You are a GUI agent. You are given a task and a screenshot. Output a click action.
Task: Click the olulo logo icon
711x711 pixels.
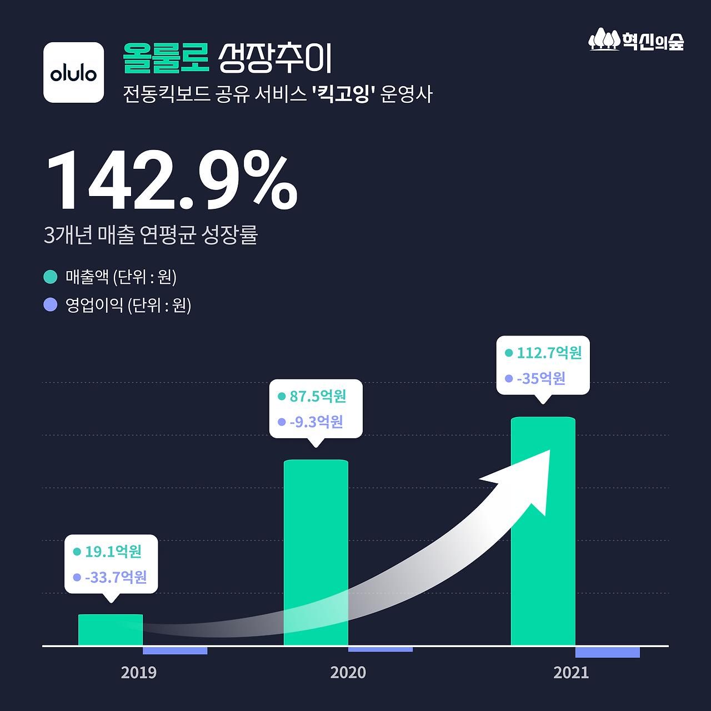click(x=73, y=72)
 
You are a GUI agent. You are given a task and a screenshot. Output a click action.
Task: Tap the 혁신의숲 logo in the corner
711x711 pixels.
click(x=636, y=41)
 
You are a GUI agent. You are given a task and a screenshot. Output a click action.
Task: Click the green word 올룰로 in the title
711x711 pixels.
click(x=166, y=58)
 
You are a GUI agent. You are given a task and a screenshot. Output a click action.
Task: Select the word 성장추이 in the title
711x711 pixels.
click(x=275, y=58)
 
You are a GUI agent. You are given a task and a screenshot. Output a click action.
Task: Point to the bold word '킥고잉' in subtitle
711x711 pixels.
click(x=341, y=93)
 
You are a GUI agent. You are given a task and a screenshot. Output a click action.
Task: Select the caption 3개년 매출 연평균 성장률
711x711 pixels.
click(x=151, y=234)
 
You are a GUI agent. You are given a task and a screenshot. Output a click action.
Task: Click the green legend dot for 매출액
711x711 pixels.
click(x=51, y=277)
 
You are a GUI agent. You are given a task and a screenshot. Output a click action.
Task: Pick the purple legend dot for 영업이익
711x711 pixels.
click(x=51, y=305)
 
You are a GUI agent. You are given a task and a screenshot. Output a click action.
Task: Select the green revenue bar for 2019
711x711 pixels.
click(x=111, y=630)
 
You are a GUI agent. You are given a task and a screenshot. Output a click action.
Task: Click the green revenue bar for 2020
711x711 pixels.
click(x=316, y=553)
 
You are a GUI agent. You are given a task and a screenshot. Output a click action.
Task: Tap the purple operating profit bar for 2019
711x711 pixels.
click(x=175, y=650)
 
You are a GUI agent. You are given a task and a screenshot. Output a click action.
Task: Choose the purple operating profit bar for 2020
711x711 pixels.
click(x=380, y=649)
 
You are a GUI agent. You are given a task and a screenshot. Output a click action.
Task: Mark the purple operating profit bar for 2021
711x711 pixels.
click(x=607, y=652)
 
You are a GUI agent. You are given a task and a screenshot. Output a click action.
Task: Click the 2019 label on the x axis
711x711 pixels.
click(x=138, y=673)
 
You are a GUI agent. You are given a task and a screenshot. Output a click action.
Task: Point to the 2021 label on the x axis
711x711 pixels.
click(x=571, y=673)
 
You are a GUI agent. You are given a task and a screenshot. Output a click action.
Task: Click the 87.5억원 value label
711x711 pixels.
click(x=318, y=396)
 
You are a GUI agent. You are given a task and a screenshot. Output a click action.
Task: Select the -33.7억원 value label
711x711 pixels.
click(x=116, y=577)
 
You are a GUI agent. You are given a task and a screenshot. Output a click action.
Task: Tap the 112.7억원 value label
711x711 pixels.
click(x=549, y=353)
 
